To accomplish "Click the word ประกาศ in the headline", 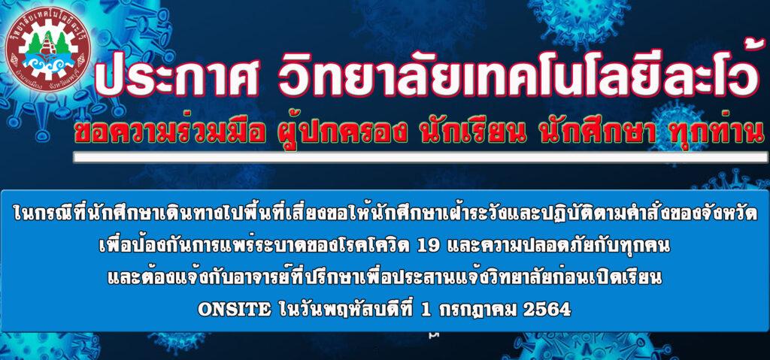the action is pos(176,78).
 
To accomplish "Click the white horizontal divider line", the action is pos(420,156).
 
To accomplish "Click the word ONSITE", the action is pos(235,310).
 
